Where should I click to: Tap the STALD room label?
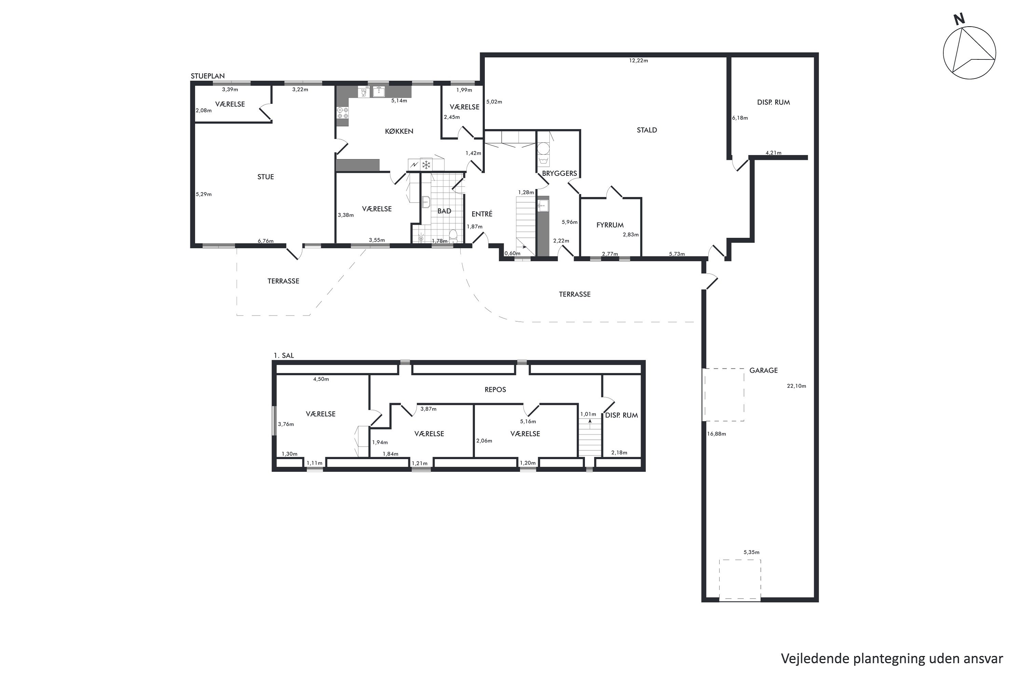(x=647, y=130)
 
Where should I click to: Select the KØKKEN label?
(x=399, y=131)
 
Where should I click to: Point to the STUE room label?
(x=265, y=177)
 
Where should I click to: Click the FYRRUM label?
(x=610, y=225)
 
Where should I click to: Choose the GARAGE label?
(x=764, y=370)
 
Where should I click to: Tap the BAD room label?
(x=444, y=211)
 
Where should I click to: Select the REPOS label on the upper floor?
(x=495, y=389)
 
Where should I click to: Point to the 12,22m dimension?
(x=639, y=60)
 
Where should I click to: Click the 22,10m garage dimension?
(x=796, y=386)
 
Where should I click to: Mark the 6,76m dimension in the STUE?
(x=265, y=241)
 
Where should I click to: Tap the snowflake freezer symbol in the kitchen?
(x=426, y=165)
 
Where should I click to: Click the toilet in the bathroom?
(x=453, y=236)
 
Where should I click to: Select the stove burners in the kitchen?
(x=343, y=113)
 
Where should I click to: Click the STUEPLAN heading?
(x=207, y=76)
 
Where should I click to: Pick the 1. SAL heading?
(x=284, y=356)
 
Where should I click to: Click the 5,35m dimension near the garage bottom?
(x=751, y=552)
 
